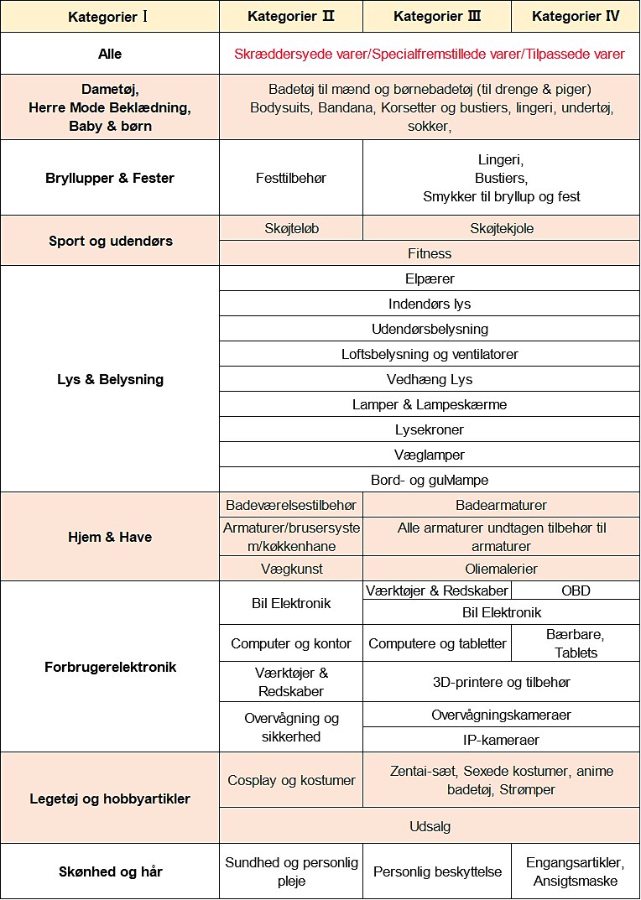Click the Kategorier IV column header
575,16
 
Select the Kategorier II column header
291,16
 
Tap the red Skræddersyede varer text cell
430,54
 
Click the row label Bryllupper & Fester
110,178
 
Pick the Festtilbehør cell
291,178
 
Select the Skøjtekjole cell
502,228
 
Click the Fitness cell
430,253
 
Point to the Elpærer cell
430,278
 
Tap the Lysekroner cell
430,429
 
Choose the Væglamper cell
430,455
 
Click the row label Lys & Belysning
110,379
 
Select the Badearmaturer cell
502,505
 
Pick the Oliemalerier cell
502,569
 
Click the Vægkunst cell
291,569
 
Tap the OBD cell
576,590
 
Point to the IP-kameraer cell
502,740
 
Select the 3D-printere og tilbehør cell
502,682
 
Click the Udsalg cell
430,826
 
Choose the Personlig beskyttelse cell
437,871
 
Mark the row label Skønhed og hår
110,871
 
